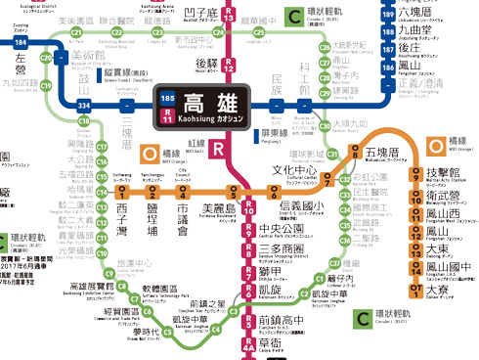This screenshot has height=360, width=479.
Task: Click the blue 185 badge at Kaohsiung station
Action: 168,100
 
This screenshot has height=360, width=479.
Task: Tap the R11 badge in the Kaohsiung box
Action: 168,116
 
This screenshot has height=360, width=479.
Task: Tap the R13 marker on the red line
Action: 228,19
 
